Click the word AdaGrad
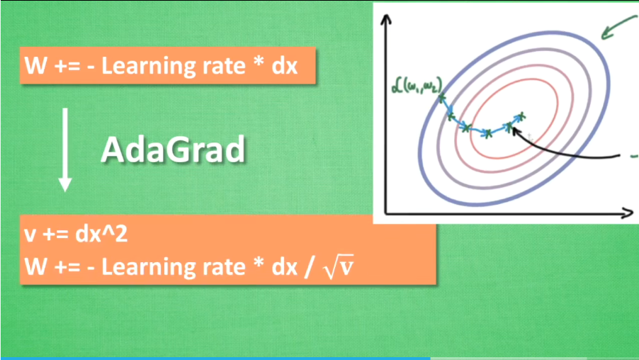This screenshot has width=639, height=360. click(x=173, y=150)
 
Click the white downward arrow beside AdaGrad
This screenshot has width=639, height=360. click(x=65, y=150)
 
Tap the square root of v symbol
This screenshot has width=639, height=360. click(x=338, y=266)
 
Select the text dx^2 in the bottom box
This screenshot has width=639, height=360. click(x=101, y=235)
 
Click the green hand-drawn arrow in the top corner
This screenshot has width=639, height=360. click(x=618, y=27)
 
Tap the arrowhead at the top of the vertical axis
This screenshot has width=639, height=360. click(x=386, y=18)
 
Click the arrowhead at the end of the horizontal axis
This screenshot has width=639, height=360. click(x=627, y=213)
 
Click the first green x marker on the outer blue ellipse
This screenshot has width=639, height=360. click(x=442, y=98)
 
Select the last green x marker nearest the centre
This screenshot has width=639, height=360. click(x=521, y=117)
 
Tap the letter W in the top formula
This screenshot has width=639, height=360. click(x=35, y=66)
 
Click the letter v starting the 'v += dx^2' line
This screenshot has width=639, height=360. click(x=29, y=236)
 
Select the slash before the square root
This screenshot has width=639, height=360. click(x=310, y=267)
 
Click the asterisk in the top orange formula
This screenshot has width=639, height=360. click(x=259, y=63)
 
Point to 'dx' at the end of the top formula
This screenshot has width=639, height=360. click(x=285, y=66)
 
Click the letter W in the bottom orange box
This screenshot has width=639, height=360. click(x=35, y=266)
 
